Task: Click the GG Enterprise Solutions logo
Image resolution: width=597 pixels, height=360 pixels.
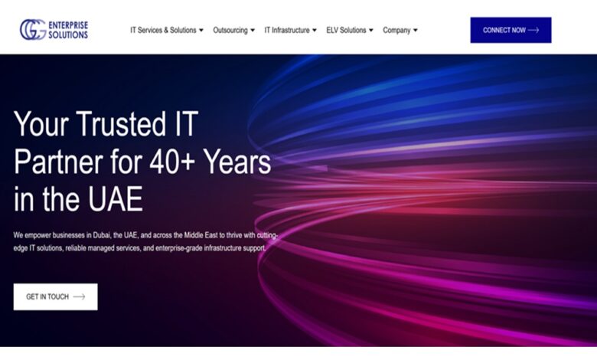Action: point(54,30)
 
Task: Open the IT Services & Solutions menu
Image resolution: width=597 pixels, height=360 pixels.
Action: point(167,30)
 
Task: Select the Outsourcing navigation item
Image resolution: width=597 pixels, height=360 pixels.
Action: point(233,30)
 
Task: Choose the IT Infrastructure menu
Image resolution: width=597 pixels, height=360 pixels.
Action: point(291,30)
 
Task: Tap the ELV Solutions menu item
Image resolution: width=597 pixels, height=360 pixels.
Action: point(350,30)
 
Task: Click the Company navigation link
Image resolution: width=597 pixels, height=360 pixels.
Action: point(400,30)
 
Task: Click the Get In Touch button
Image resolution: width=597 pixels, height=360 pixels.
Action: point(56,296)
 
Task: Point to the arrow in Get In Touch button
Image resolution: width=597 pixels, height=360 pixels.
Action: point(79,296)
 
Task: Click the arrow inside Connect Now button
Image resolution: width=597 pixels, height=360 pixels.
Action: point(533,30)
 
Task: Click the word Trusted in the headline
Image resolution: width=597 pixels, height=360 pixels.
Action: point(121,124)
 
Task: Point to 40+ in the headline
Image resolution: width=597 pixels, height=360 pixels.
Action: point(172,162)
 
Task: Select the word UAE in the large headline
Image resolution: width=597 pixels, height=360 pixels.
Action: point(116,199)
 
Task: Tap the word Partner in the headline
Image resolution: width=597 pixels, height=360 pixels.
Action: point(58,162)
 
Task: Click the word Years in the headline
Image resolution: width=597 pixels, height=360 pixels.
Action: point(237,162)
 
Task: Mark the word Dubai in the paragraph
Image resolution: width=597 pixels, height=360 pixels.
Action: point(101,235)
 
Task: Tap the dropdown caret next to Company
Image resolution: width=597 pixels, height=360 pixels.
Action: point(416,30)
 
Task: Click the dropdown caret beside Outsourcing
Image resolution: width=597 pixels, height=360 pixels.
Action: point(253,30)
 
